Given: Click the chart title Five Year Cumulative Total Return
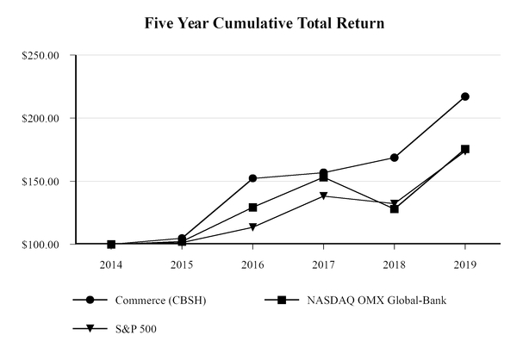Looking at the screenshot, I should tap(264, 22).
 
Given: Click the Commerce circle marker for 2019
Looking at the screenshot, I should tap(465, 96).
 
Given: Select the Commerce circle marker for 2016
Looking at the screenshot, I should tap(252, 178).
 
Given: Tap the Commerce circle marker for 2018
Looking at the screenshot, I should tap(395, 158).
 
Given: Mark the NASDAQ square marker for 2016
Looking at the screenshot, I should tap(252, 208).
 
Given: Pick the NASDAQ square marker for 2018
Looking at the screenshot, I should tap(395, 208).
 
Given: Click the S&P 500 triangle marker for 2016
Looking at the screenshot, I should tap(252, 227).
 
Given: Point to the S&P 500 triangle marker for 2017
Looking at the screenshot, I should tap(324, 196).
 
